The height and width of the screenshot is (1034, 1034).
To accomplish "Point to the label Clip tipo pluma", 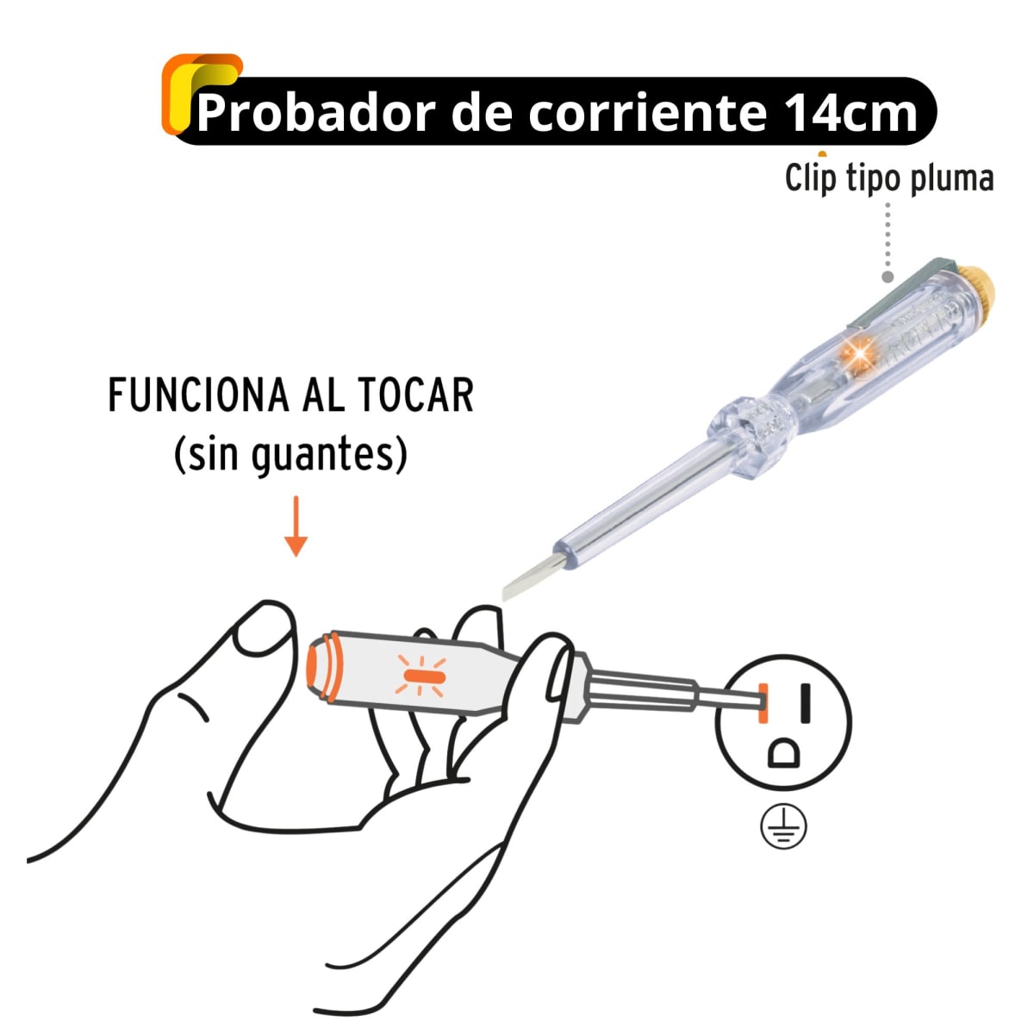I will tap(889, 179).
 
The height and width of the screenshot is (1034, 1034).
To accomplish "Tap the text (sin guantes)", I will tap(290, 454).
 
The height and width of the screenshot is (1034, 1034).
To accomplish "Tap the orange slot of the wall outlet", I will tap(763, 702).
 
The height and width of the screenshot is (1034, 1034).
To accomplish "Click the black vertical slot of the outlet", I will tap(806, 702).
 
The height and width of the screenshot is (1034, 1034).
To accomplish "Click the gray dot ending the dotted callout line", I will tap(888, 277).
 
